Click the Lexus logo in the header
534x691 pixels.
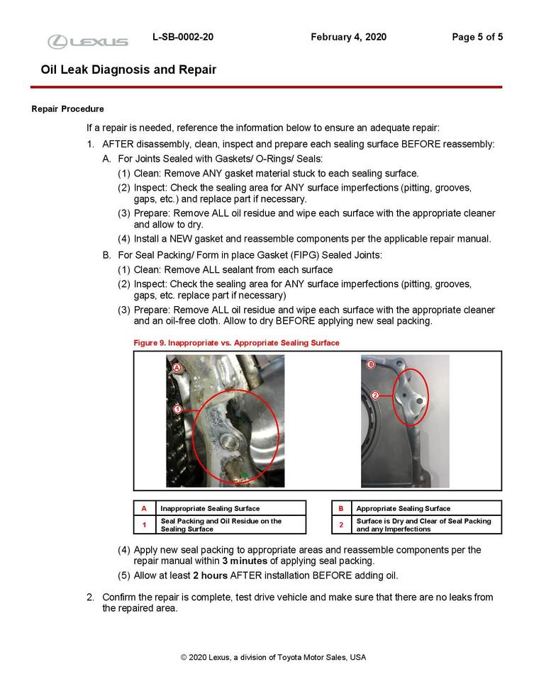pyautogui.click(x=88, y=42)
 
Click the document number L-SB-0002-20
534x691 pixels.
pyautogui.click(x=182, y=37)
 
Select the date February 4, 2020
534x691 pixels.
pyautogui.click(x=348, y=37)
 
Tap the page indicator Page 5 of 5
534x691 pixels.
pyautogui.click(x=477, y=37)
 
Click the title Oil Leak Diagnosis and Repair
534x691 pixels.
pyautogui.click(x=128, y=69)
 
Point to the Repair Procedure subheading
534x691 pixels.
pyautogui.click(x=68, y=109)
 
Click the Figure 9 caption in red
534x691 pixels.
pyautogui.click(x=236, y=342)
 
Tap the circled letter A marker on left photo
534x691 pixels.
pyautogui.click(x=177, y=367)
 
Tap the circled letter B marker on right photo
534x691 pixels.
pyautogui.click(x=371, y=364)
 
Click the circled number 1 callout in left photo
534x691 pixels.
pyautogui.click(x=177, y=409)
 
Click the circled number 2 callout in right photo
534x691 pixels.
pyautogui.click(x=374, y=395)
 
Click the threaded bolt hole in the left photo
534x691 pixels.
pyautogui.click(x=230, y=445)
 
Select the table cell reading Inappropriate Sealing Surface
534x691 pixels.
pyautogui.click(x=210, y=508)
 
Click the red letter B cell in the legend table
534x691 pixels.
pyautogui.click(x=341, y=508)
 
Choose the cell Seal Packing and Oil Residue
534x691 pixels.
pyautogui.click(x=221, y=524)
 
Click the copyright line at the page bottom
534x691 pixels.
pyautogui.click(x=273, y=657)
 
